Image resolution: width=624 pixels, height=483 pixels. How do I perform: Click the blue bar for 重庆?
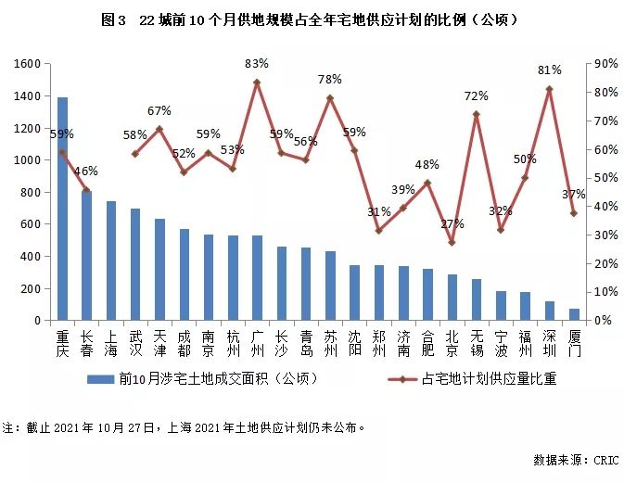(62, 209)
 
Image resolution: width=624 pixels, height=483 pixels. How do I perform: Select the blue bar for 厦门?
(574, 314)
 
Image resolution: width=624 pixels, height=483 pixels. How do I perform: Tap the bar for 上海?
(111, 261)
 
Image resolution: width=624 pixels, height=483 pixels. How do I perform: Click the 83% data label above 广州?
(257, 64)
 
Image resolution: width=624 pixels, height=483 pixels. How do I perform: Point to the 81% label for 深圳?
(550, 70)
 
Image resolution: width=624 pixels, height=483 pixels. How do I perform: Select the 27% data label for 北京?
(452, 224)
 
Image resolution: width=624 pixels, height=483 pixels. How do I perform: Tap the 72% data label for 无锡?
(477, 96)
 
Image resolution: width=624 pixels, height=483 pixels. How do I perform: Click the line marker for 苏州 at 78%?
(330, 98)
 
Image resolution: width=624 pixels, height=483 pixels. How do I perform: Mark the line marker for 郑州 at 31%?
(378, 231)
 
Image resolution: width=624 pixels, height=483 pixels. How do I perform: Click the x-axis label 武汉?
(135, 344)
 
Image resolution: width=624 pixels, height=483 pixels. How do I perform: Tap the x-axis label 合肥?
(427, 344)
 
